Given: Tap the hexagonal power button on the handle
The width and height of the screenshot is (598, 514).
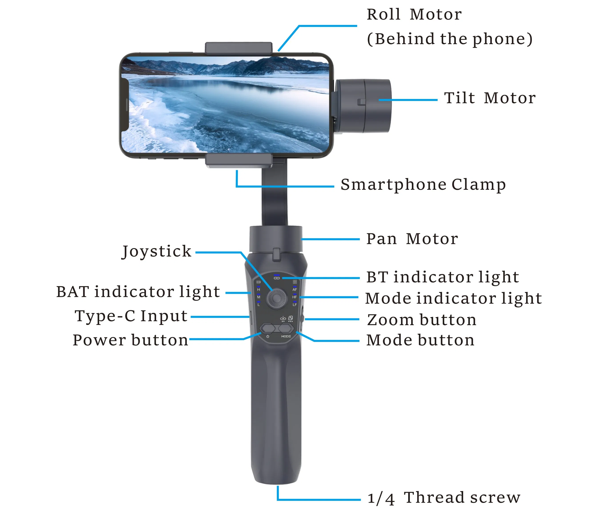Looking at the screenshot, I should (267, 328).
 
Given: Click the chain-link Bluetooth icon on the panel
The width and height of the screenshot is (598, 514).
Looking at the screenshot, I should (277, 278).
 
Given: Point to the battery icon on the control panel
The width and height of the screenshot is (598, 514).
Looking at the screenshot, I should (259, 282).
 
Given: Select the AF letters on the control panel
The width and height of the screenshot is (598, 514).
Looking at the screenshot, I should (295, 289).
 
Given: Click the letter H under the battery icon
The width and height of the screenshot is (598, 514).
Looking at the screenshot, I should (259, 289).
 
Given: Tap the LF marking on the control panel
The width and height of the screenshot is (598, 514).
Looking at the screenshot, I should (295, 305).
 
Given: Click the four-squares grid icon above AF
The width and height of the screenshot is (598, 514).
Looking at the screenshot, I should (295, 282).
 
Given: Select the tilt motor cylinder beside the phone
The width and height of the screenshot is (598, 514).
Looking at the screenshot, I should (363, 106).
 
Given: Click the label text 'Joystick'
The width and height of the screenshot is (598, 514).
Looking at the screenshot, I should (157, 251).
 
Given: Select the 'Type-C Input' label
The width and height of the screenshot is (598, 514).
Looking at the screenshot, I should (131, 316).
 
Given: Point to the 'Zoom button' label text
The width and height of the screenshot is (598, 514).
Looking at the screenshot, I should (421, 320).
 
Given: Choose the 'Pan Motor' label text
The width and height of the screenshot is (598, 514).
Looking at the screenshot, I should (412, 239).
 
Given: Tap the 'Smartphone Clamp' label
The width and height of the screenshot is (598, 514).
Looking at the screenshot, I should (423, 185).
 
